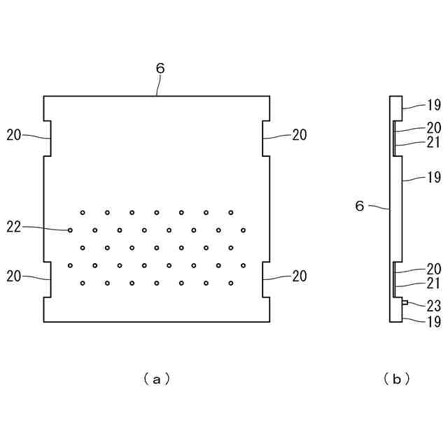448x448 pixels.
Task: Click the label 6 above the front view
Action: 160,69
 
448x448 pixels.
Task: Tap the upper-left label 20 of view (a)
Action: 14,135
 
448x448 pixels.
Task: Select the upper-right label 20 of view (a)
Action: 300,135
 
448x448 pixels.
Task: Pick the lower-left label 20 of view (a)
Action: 14,276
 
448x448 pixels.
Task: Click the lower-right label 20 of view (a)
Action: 300,276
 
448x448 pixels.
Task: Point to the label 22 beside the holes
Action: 14,226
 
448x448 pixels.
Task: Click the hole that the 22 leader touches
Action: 70,230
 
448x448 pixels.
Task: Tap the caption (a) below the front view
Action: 157,379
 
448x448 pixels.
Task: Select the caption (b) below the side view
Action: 396,379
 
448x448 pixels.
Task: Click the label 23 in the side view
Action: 434,304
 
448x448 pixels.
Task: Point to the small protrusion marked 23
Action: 405,303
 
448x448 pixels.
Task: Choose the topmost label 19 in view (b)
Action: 434,106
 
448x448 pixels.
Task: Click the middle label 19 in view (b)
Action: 434,177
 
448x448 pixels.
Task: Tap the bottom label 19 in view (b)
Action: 434,322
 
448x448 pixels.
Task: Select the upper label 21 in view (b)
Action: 434,142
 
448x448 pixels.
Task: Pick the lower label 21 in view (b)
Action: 434,283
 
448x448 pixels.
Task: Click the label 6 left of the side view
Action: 360,206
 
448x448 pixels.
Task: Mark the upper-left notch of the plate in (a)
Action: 48,139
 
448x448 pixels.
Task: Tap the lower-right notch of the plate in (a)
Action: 266,279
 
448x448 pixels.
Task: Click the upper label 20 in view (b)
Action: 434,127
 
